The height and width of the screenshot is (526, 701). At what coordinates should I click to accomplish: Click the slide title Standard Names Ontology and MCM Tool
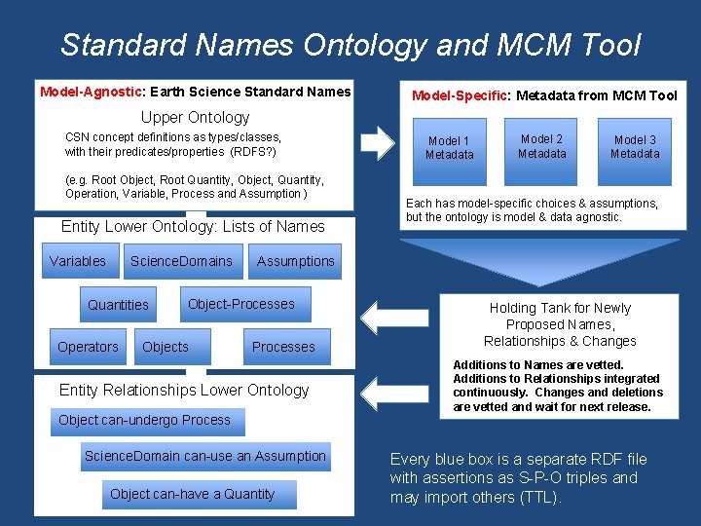350,45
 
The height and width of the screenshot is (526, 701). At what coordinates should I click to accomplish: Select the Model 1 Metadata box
449,148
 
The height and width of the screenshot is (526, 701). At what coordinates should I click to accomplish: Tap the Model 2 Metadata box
541,147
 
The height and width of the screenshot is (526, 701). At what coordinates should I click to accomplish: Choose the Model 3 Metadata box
635,147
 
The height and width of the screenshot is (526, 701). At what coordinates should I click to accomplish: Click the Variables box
78,261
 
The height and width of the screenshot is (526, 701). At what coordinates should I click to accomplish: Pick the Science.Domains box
181,261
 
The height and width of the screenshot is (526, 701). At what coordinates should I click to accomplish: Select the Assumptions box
295,261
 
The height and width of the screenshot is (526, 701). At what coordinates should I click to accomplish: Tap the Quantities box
118,305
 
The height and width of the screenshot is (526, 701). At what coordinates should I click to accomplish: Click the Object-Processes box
240,304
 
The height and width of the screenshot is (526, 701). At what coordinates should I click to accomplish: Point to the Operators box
88,347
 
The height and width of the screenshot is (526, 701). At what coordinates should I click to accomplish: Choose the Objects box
166,347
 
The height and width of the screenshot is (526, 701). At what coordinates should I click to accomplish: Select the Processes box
283,347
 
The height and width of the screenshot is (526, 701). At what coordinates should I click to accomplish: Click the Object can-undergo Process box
144,421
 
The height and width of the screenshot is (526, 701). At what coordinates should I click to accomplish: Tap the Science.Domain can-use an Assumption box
204,456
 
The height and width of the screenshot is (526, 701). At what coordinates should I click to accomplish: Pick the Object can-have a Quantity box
192,494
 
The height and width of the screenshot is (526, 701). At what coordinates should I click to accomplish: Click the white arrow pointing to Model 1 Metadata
377,143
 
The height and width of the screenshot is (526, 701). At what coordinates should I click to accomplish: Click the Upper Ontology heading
197,117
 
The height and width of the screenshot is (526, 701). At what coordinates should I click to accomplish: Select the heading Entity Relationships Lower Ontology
184,390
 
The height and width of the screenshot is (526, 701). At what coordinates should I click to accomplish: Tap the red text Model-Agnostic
91,92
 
